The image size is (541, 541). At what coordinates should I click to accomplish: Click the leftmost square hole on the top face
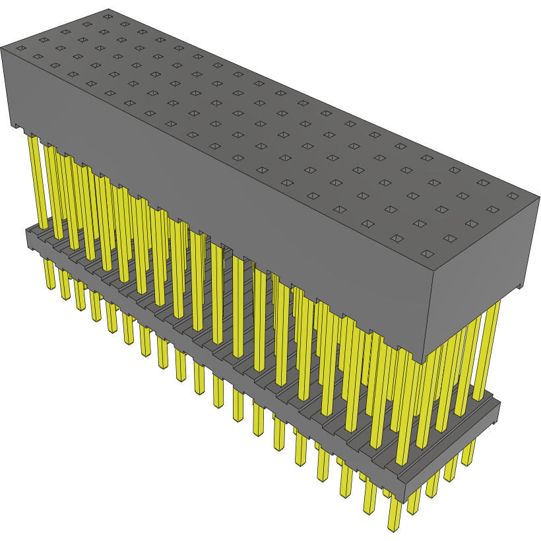click(20, 48)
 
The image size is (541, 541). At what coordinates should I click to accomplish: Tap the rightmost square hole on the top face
click(513, 195)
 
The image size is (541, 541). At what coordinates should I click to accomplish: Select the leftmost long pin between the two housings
click(35, 178)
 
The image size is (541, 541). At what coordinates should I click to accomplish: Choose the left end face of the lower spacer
click(29, 238)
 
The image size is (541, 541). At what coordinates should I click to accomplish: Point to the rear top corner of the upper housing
click(108, 9)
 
